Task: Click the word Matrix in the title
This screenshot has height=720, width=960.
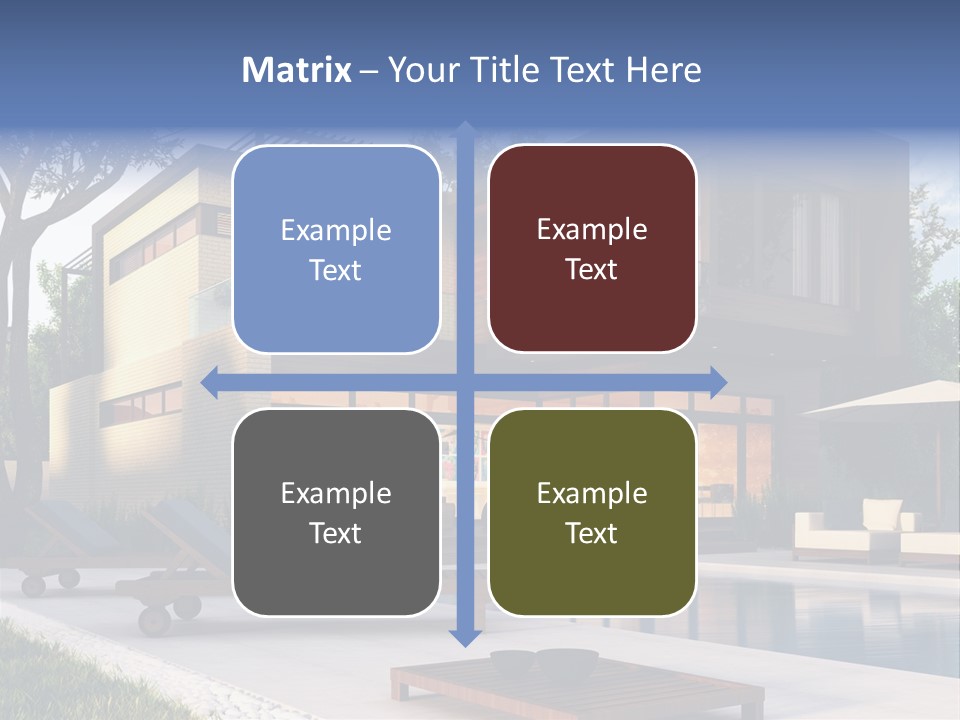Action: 296,70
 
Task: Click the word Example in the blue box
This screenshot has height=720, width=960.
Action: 336,230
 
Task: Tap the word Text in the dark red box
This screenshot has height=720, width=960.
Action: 592,270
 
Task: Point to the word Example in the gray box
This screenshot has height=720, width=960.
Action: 336,493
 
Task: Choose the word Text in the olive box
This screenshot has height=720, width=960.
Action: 592,533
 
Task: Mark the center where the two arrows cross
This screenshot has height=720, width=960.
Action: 464,382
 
